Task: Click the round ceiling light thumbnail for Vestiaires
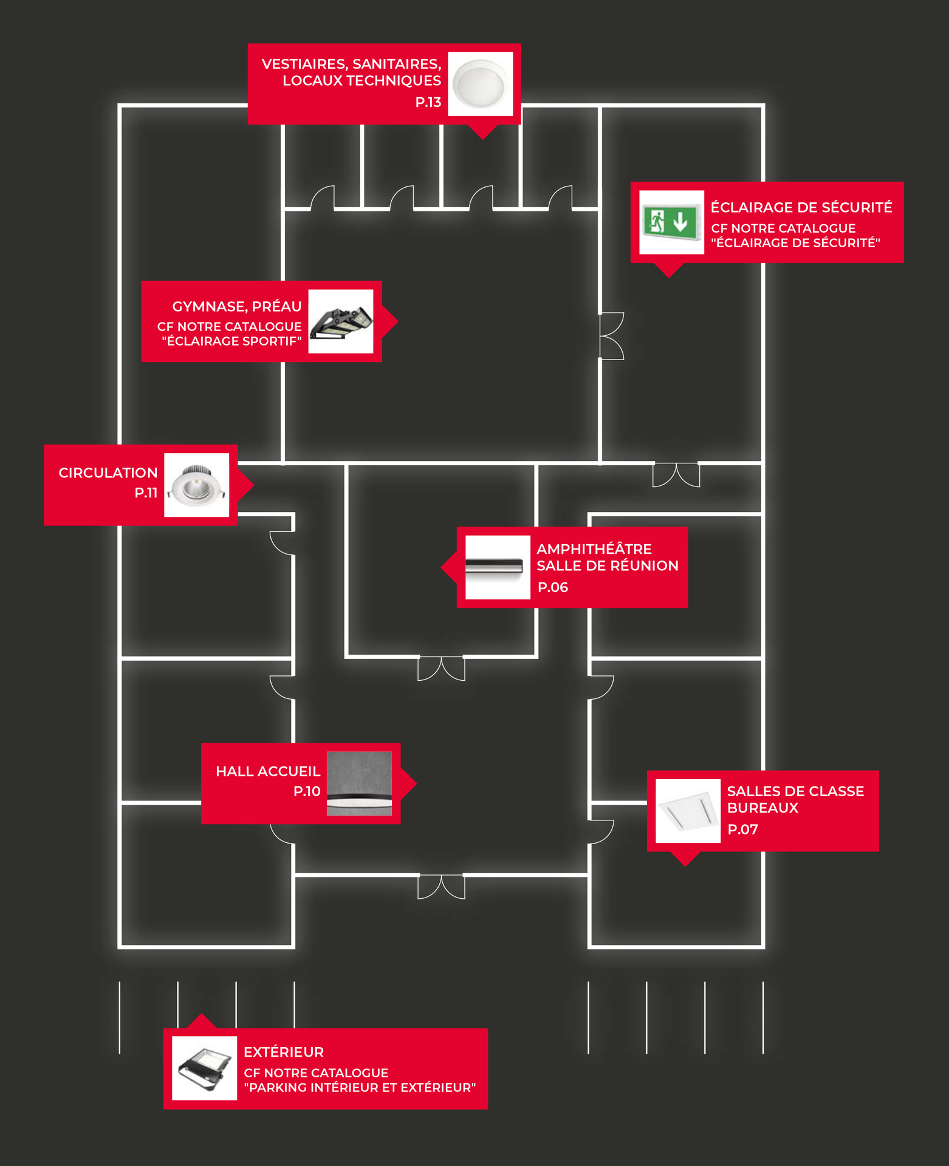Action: pyautogui.click(x=481, y=84)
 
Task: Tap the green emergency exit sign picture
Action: pyautogui.click(x=671, y=222)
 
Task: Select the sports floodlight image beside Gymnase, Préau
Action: pyautogui.click(x=341, y=321)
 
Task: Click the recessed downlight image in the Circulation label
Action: pyautogui.click(x=197, y=485)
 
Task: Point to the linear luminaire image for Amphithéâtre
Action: pyautogui.click(x=498, y=567)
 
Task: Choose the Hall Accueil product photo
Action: pyautogui.click(x=360, y=783)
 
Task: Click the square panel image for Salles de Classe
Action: pyautogui.click(x=688, y=811)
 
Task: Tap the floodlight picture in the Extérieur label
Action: pyautogui.click(x=205, y=1068)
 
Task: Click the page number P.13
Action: pyautogui.click(x=428, y=102)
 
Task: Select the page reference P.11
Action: pyautogui.click(x=146, y=493)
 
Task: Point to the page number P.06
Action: pyautogui.click(x=553, y=587)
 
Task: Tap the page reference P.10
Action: pyautogui.click(x=307, y=791)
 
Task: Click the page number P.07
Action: pyautogui.click(x=743, y=830)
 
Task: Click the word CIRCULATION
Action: pyautogui.click(x=108, y=472)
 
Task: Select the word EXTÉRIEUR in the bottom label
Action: pyautogui.click(x=284, y=1052)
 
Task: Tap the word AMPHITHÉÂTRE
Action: pyautogui.click(x=594, y=548)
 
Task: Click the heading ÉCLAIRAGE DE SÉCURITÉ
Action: pyautogui.click(x=801, y=207)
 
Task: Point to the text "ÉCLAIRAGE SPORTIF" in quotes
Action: pyautogui.click(x=231, y=341)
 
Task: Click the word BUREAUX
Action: pyautogui.click(x=762, y=808)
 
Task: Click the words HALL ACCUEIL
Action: pyautogui.click(x=268, y=771)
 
